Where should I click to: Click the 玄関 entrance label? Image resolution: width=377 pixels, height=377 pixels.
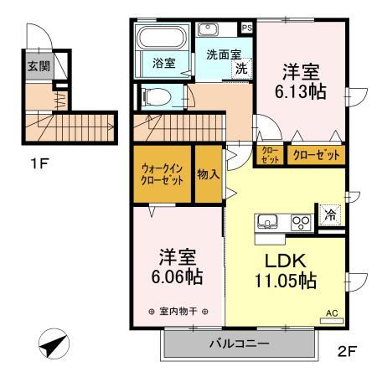pos(37,66)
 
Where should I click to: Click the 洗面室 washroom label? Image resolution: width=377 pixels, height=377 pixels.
pos(223,54)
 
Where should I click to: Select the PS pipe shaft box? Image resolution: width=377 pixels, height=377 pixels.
pos(246,27)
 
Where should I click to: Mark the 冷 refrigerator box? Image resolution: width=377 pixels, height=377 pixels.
pos(329,214)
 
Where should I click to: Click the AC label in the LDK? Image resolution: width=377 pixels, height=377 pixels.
pos(331,314)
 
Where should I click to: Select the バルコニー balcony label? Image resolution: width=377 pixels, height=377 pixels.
pos(239,343)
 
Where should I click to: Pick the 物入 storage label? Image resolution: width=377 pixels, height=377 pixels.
pos(208,174)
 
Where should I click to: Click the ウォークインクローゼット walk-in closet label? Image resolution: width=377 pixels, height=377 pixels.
pos(162,173)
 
